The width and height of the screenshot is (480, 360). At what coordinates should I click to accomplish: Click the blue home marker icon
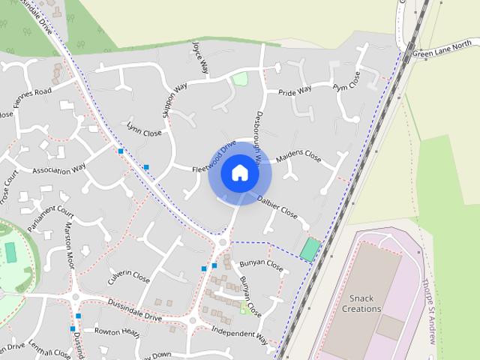240,173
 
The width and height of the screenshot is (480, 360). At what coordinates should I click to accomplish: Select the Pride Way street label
295,91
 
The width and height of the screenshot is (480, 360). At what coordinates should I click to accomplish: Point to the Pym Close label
346,79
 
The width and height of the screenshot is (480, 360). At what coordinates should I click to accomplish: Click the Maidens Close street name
298,158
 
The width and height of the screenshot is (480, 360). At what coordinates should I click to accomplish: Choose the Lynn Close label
145,130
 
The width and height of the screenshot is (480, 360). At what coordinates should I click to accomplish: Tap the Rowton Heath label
117,331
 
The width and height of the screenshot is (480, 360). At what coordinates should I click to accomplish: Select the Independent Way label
239,334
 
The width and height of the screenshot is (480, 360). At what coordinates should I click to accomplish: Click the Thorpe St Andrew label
429,311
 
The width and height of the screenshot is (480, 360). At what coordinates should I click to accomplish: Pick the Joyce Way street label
200,58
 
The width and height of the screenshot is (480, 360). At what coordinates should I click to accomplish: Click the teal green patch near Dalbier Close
309,249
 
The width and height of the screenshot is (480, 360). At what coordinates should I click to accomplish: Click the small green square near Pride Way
240,78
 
